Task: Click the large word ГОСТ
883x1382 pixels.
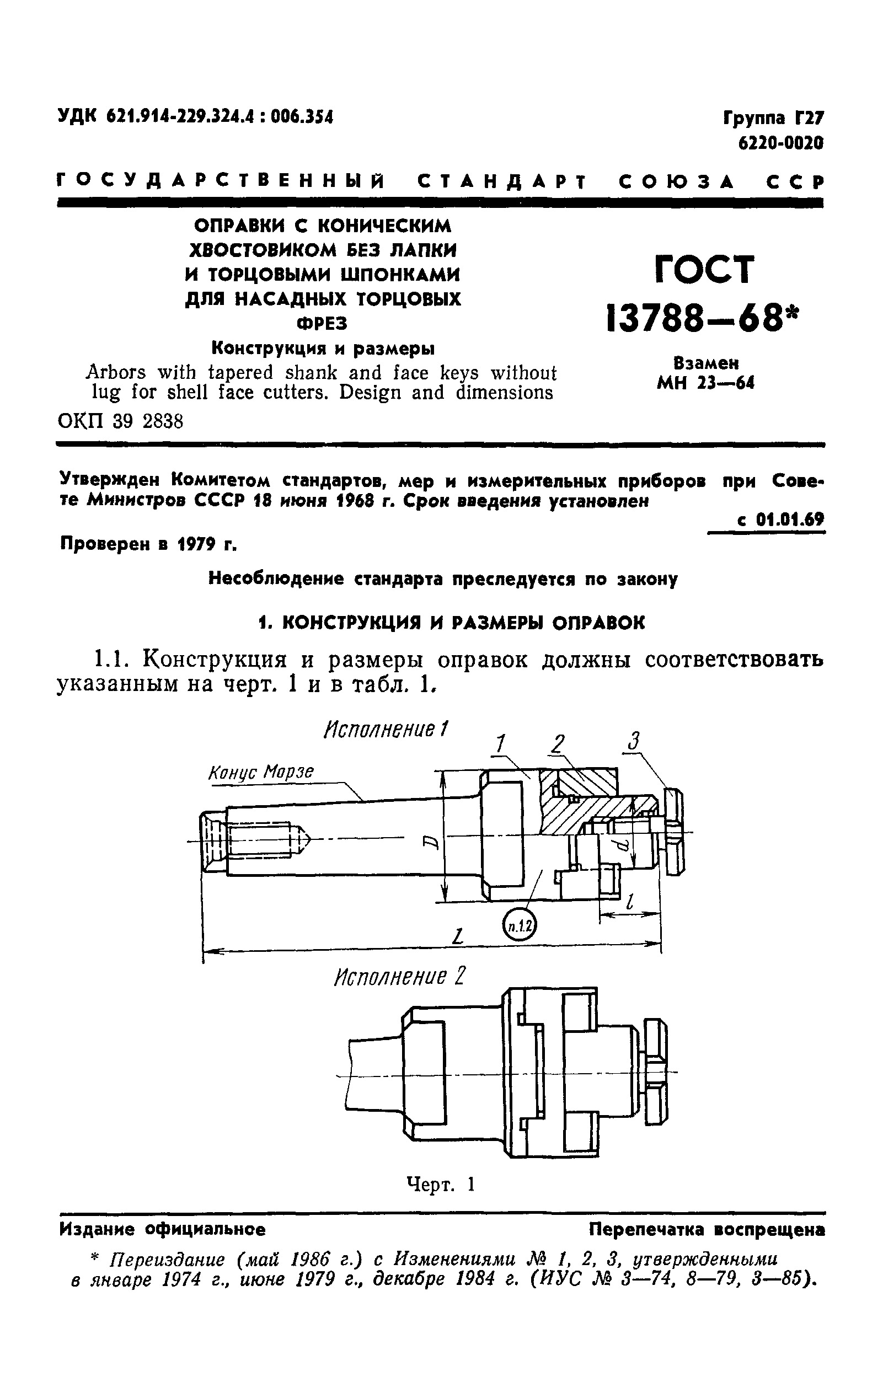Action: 704,270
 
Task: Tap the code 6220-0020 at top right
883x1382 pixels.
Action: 780,142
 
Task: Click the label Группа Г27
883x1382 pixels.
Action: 773,118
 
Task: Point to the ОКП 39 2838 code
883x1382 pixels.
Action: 121,422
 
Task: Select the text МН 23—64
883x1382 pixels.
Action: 705,383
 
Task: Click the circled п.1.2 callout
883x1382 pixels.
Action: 519,924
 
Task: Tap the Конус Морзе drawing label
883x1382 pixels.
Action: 261,773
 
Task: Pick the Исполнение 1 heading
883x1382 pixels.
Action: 387,730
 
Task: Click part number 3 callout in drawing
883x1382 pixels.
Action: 633,741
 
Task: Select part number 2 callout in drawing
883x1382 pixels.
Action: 556,743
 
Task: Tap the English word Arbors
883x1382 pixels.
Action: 115,373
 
